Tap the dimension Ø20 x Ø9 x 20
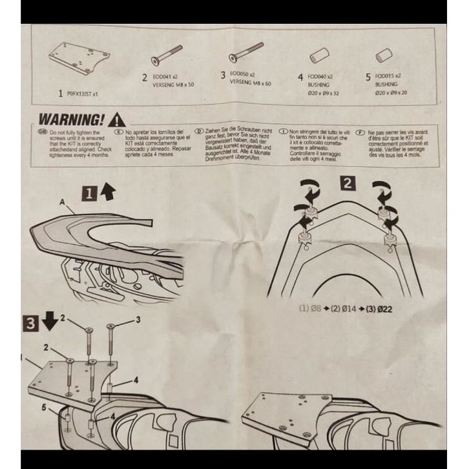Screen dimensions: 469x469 coord(391,92)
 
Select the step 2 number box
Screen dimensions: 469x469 coord(349,182)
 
